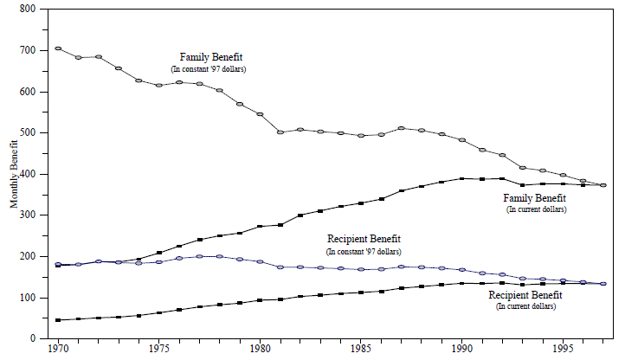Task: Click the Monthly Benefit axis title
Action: tap(13, 173)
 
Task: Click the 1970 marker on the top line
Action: tap(58, 48)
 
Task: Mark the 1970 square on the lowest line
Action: tap(58, 320)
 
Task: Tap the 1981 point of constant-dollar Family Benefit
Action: tap(280, 132)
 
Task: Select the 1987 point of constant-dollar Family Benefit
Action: tap(402, 128)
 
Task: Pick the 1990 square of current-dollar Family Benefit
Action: tap(462, 178)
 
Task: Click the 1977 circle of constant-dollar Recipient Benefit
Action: tap(200, 256)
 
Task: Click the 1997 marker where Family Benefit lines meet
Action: tap(603, 185)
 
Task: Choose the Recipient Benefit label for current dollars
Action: tap(525, 295)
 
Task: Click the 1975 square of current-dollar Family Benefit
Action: tap(159, 253)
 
